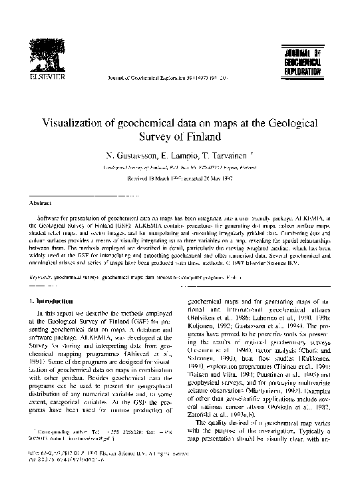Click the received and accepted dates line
click(x=180, y=179)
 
